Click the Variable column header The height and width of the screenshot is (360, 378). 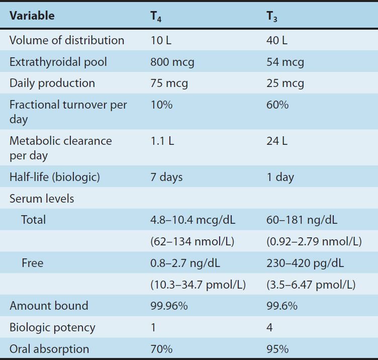click(x=32, y=16)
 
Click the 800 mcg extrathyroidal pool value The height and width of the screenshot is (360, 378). click(x=172, y=62)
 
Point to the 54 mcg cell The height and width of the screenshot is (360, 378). click(x=285, y=62)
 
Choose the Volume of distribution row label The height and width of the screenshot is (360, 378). click(x=67, y=40)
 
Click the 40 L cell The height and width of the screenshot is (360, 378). click(x=277, y=40)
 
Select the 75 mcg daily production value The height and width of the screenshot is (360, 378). click(x=169, y=83)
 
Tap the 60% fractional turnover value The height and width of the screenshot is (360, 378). click(x=277, y=105)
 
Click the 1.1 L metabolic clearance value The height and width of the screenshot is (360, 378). click(x=162, y=141)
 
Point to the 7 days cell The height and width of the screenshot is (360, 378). click(x=166, y=177)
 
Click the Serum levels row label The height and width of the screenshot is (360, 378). click(x=42, y=199)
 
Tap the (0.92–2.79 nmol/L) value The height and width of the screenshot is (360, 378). click(x=314, y=241)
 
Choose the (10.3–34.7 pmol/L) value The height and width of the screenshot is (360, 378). click(x=198, y=285)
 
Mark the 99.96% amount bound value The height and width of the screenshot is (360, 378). click(x=169, y=306)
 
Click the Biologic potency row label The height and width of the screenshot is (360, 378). click(x=52, y=327)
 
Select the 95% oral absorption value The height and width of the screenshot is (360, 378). click(x=277, y=349)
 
